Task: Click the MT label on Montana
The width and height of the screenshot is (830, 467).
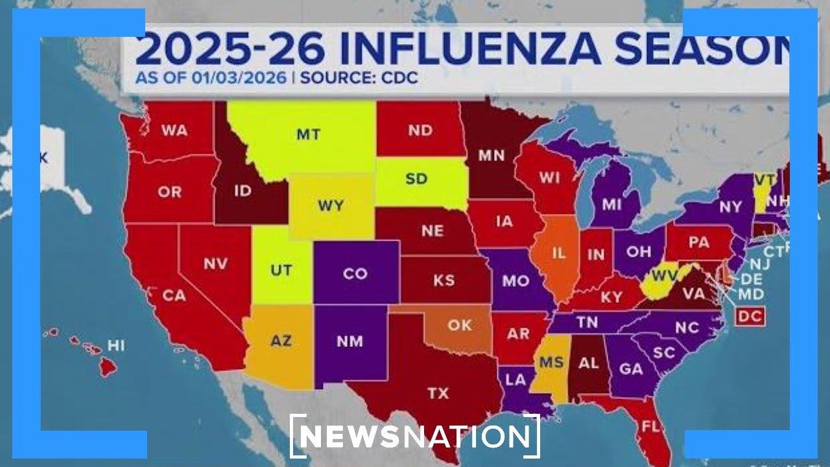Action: click(x=308, y=134)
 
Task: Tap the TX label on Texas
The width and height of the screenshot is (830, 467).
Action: click(x=438, y=393)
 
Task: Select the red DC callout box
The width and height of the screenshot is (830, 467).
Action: click(x=750, y=317)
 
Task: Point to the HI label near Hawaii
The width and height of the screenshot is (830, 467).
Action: click(x=116, y=346)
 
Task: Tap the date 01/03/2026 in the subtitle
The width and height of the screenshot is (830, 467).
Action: click(x=239, y=78)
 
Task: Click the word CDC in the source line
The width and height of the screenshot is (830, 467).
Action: click(x=399, y=78)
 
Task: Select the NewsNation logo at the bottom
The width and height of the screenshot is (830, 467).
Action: click(x=415, y=436)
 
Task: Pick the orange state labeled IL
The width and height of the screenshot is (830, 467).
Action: click(x=558, y=254)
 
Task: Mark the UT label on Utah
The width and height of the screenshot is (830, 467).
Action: click(x=281, y=270)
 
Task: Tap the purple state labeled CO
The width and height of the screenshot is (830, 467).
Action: click(x=355, y=274)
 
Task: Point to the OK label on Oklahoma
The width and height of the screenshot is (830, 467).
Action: click(x=460, y=324)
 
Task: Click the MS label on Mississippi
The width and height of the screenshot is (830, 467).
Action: click(x=552, y=362)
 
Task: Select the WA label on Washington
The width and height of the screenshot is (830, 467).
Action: click(x=174, y=130)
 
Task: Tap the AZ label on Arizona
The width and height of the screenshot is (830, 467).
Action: click(x=281, y=341)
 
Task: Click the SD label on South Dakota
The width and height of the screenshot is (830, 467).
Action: click(x=416, y=178)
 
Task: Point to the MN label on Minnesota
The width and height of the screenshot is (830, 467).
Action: click(x=491, y=156)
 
